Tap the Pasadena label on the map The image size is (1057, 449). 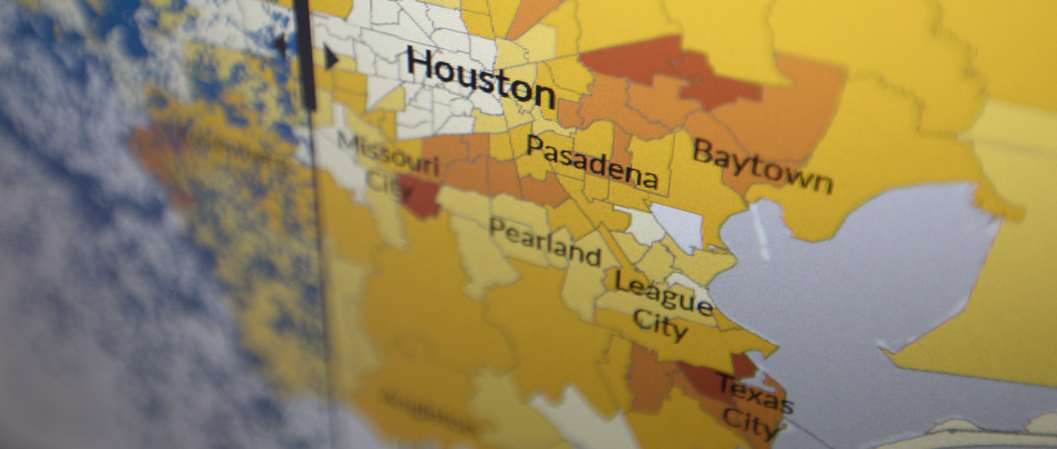click(x=592, y=162)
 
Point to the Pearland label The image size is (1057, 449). click(x=545, y=241)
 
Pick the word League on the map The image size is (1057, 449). click(x=663, y=291)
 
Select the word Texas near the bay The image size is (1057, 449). click(x=755, y=394)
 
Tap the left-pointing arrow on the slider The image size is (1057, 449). click(x=280, y=46)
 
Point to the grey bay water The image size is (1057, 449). click(x=846, y=282)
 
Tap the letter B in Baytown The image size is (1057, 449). click(x=703, y=151)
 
